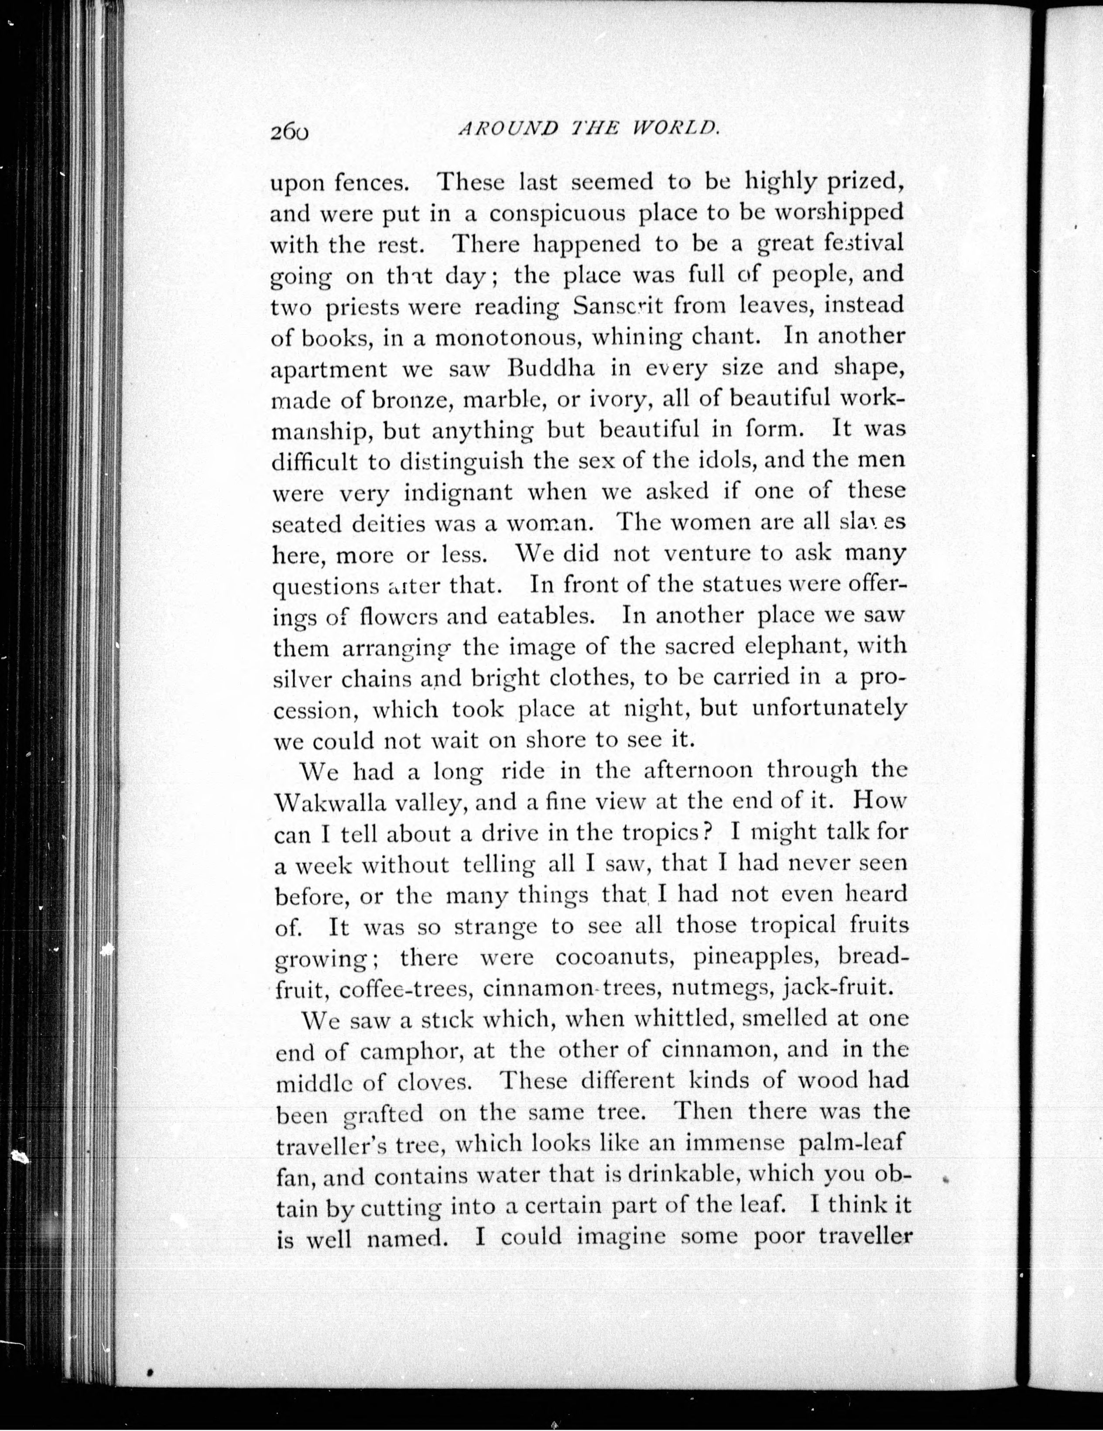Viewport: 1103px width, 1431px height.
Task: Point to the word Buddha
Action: (551, 368)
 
